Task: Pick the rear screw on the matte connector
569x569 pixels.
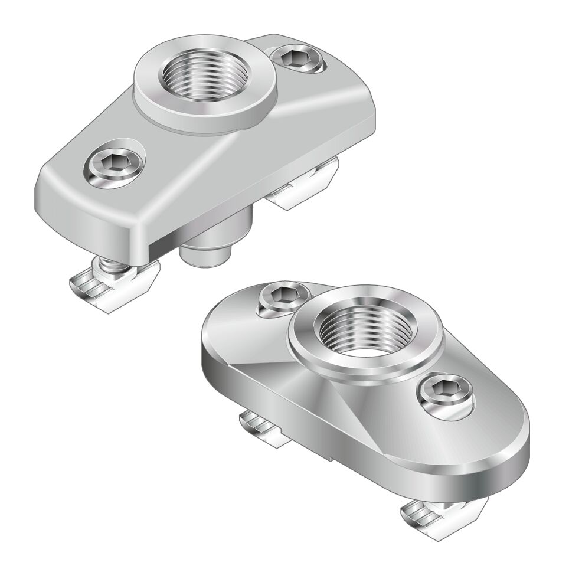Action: (297, 59)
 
